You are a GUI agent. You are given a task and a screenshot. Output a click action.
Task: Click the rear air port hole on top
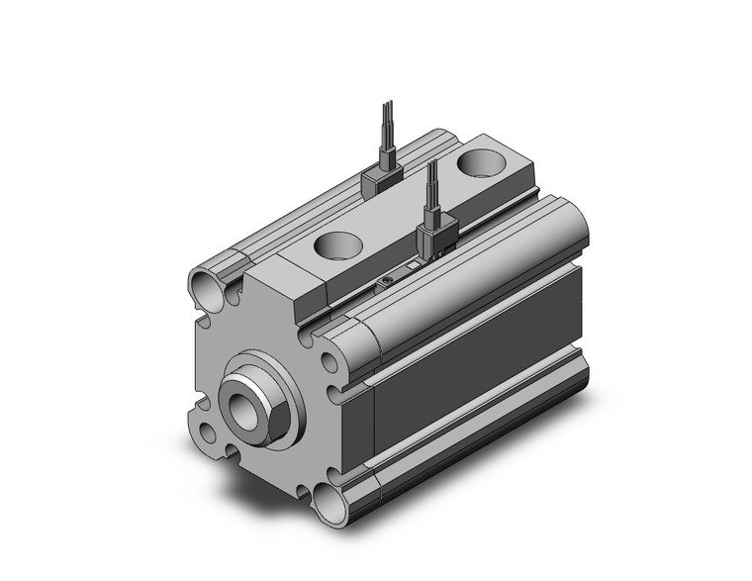pyautogui.click(x=487, y=159)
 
